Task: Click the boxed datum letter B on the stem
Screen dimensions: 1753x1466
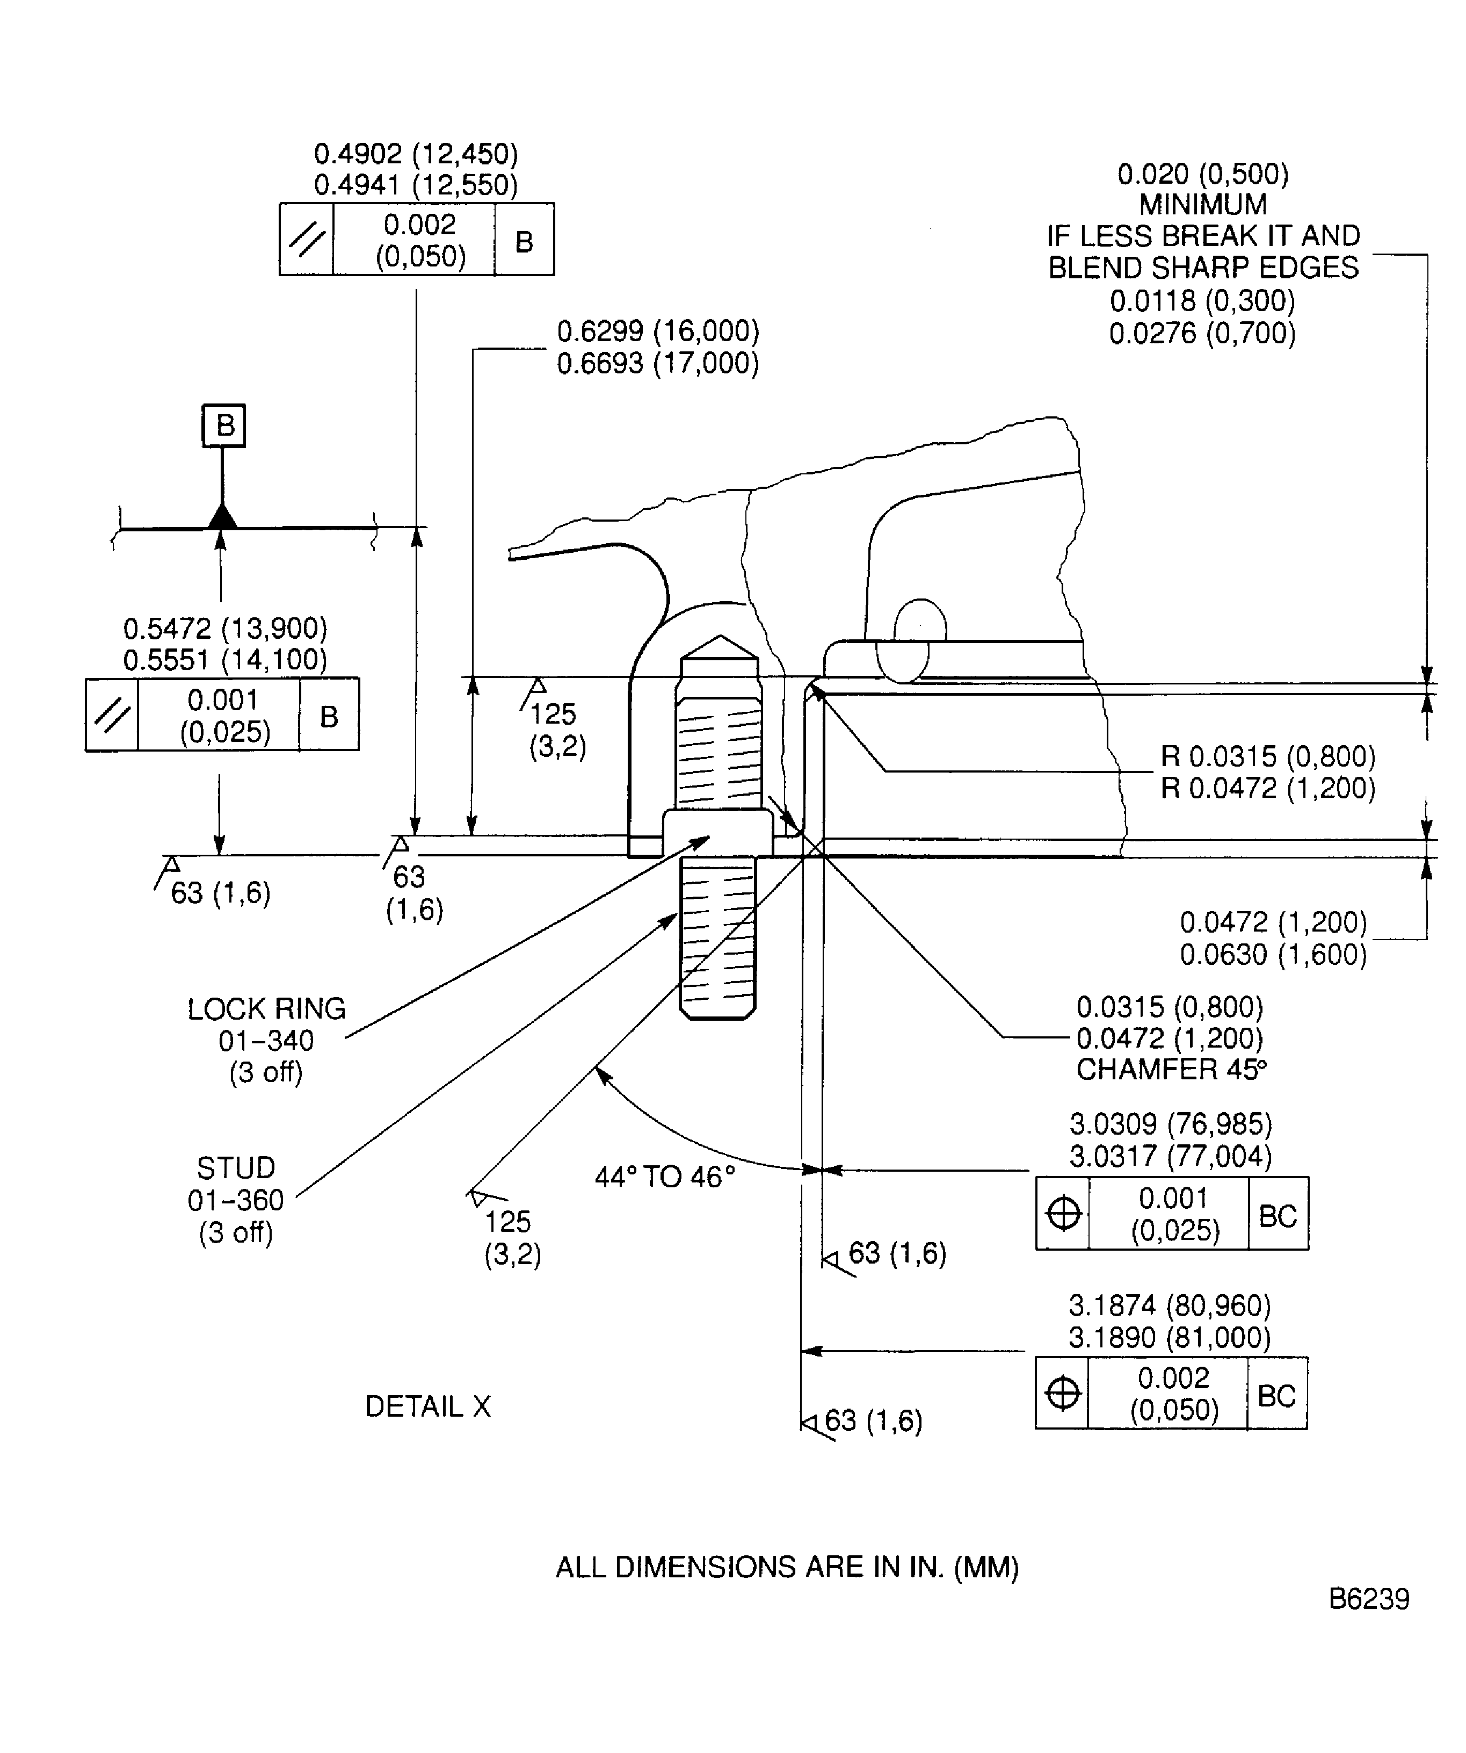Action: pos(223,425)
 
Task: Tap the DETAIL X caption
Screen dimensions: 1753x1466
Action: pos(427,1406)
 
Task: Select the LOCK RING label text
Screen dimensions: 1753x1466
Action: pos(266,1009)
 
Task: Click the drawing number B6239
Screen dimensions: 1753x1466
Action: pos(1368,1599)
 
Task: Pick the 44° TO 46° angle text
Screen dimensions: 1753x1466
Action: pos(664,1177)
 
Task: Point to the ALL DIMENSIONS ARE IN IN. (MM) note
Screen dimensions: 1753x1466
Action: pos(787,1568)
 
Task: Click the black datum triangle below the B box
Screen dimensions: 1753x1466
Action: pos(222,517)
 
